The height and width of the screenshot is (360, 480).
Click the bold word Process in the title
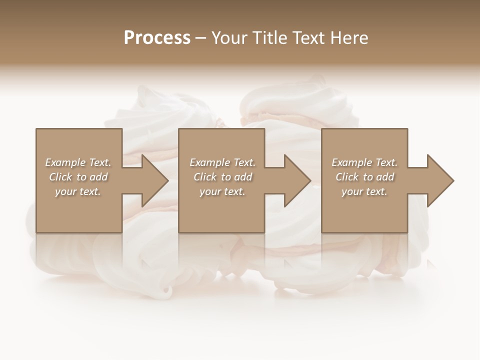point(157,38)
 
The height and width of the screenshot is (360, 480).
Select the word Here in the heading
point(350,38)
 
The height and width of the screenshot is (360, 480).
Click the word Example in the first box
point(65,162)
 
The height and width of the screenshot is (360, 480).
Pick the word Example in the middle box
point(209,162)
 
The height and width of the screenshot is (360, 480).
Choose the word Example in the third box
point(351,162)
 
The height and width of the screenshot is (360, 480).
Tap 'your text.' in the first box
point(78,191)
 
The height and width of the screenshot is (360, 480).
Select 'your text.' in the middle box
point(222,191)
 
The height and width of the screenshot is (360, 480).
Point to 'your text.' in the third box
point(364,191)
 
